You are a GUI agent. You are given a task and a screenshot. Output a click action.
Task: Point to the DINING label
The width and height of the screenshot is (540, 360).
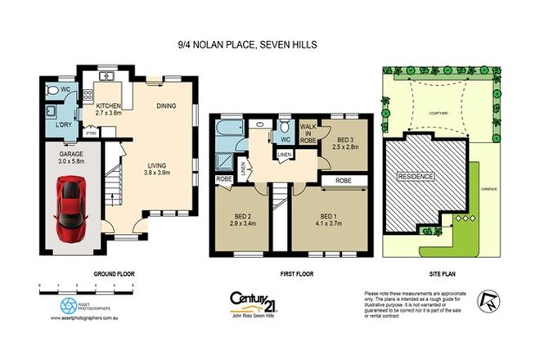166,105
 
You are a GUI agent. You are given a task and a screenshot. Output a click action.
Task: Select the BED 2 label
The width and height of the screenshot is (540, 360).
239,217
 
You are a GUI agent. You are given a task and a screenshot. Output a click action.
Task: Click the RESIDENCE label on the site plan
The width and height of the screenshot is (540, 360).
416,176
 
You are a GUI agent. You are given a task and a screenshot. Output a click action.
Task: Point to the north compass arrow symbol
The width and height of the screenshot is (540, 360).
488,300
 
